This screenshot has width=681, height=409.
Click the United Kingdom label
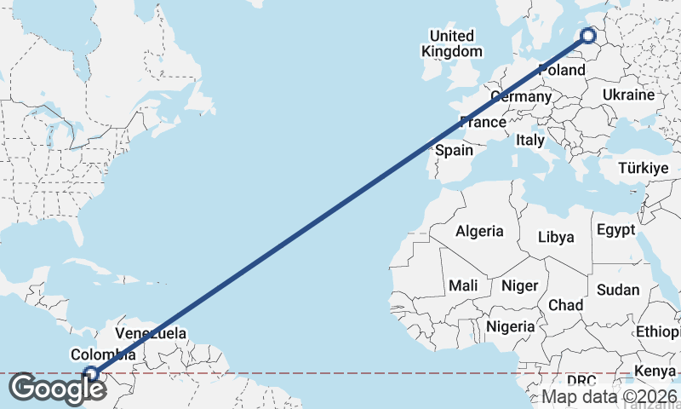451,43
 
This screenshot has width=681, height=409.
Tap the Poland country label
561,69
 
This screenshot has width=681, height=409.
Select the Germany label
522,96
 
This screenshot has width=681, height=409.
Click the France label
483,122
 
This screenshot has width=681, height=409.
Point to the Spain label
454,150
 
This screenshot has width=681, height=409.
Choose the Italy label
530,140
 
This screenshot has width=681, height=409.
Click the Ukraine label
627,95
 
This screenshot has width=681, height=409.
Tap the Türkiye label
644,168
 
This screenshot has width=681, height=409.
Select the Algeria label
479,231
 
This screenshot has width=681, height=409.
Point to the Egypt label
615,230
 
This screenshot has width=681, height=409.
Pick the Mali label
464,285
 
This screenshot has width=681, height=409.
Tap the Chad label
566,304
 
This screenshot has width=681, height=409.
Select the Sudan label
617,290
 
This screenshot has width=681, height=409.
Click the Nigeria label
511,325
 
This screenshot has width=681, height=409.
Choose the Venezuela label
151,333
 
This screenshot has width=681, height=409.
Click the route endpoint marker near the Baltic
588,35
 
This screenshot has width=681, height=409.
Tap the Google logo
57,389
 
